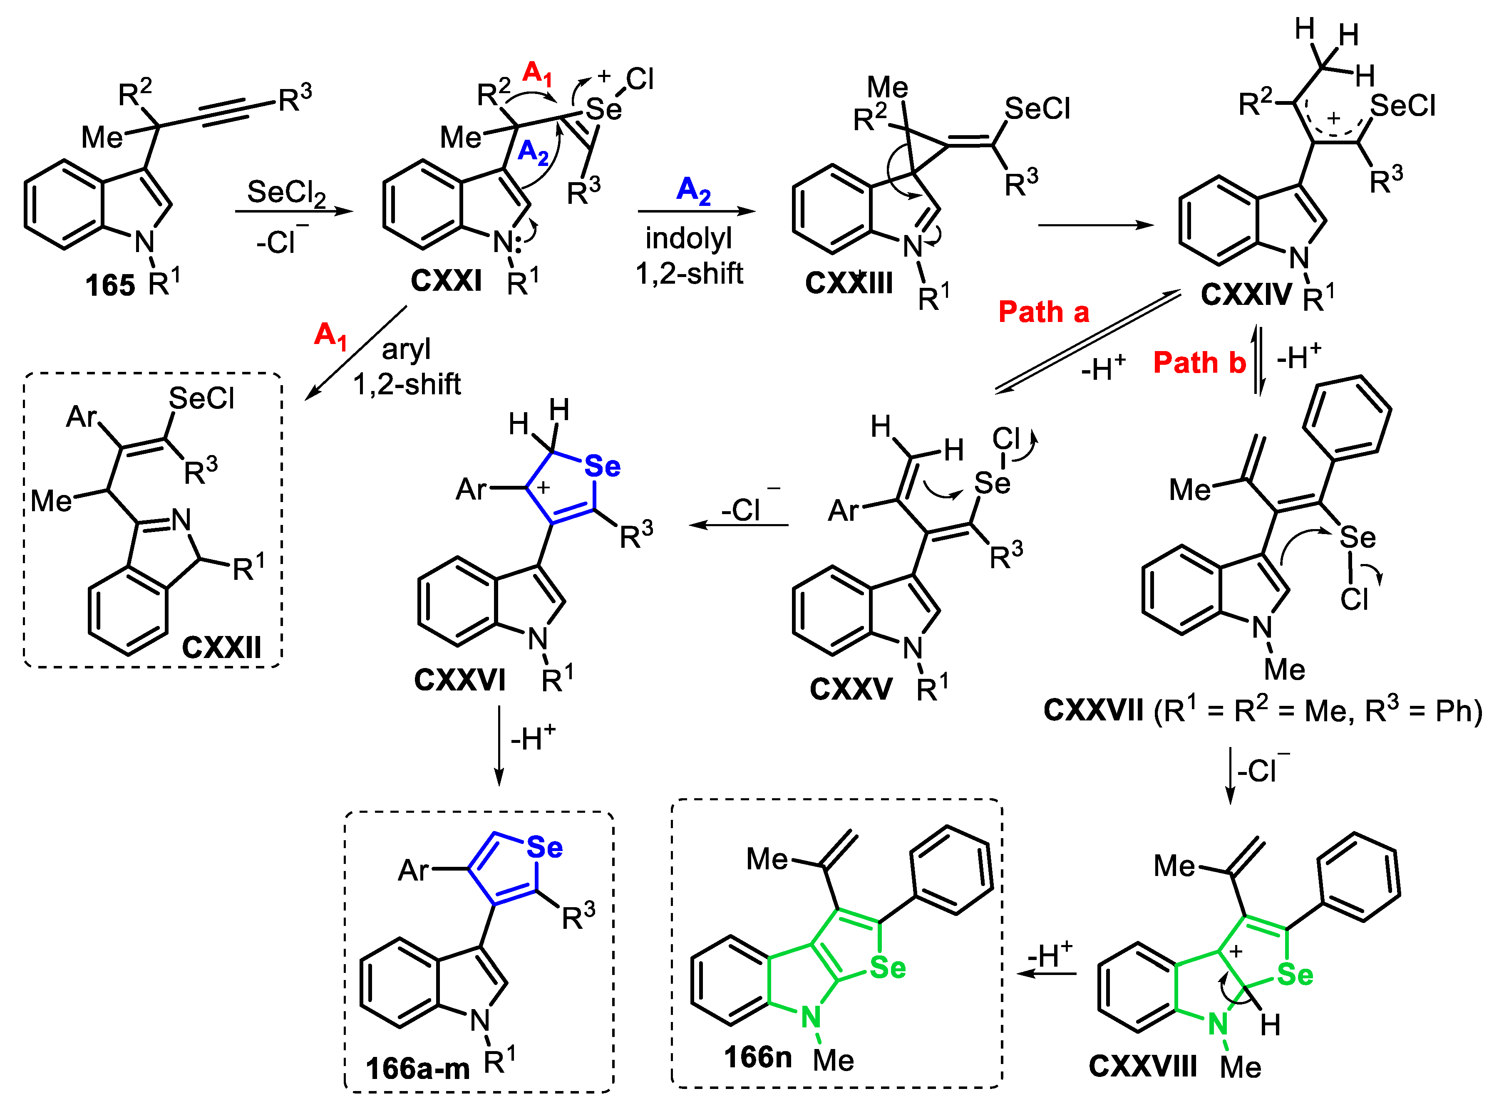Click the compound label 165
point(110,285)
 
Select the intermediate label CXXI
point(446,280)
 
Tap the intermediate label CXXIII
point(849,283)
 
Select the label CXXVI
point(459,680)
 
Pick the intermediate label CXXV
point(851,689)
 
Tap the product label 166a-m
point(417,1068)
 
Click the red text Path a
point(1043,312)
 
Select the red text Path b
point(1199,363)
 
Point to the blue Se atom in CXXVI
point(602,466)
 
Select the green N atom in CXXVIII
point(1217,1024)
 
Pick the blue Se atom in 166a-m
point(544,847)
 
